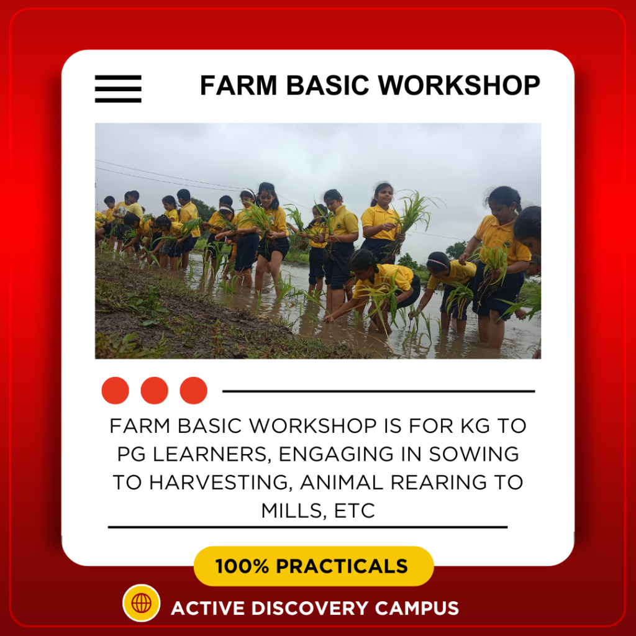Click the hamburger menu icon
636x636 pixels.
point(118,88)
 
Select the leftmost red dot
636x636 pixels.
point(115,391)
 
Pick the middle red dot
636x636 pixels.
point(154,391)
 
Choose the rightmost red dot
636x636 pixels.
point(193,391)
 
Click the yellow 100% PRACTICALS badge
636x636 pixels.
point(314,566)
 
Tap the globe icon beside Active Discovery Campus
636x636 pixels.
point(142,602)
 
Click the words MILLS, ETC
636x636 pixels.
point(318,511)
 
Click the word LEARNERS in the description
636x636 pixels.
point(209,454)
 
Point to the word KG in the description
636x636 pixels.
point(474,426)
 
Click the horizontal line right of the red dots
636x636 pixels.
point(378,391)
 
